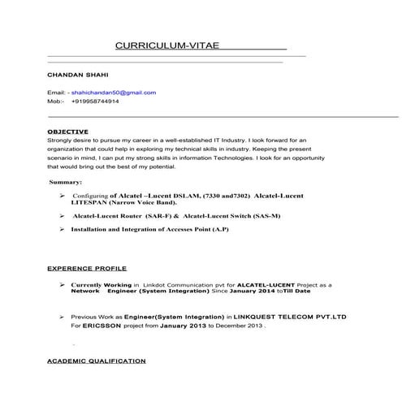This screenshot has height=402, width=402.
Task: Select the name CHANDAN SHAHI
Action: [x=73, y=75]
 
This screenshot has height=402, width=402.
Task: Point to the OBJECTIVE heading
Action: [x=68, y=131]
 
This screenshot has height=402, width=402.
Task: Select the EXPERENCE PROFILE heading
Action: [x=87, y=266]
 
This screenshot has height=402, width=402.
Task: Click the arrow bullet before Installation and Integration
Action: [x=62, y=231]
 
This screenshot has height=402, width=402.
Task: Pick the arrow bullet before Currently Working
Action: [x=62, y=286]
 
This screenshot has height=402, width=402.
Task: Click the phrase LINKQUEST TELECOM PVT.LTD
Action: [x=277, y=317]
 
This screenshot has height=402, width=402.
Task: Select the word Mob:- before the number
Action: [x=56, y=102]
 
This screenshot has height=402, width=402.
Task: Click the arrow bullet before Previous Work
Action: [x=62, y=317]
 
